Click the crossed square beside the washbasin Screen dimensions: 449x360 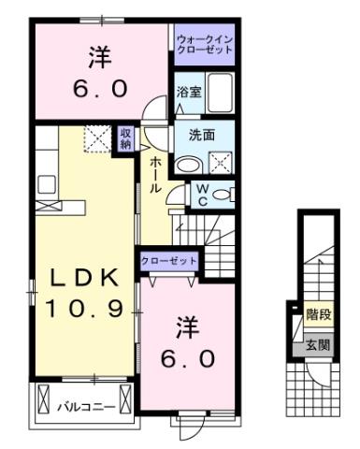tap(221, 161)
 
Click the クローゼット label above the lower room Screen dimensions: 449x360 tap(168, 260)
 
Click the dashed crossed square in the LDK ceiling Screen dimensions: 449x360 tap(96, 140)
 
